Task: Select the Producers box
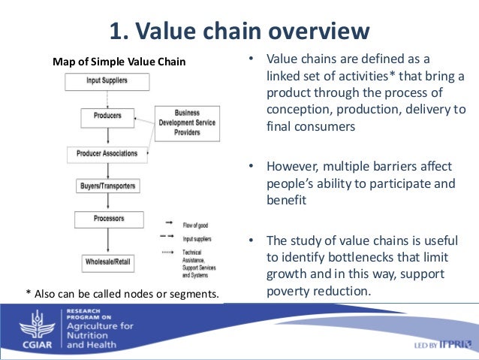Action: pos(107,116)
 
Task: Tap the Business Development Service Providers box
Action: pos(188,122)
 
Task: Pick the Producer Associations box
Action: pos(107,153)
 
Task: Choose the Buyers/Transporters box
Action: pos(107,186)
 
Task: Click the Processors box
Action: pos(107,219)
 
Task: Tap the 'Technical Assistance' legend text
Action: pos(197,256)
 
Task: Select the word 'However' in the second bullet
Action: pos(293,166)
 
